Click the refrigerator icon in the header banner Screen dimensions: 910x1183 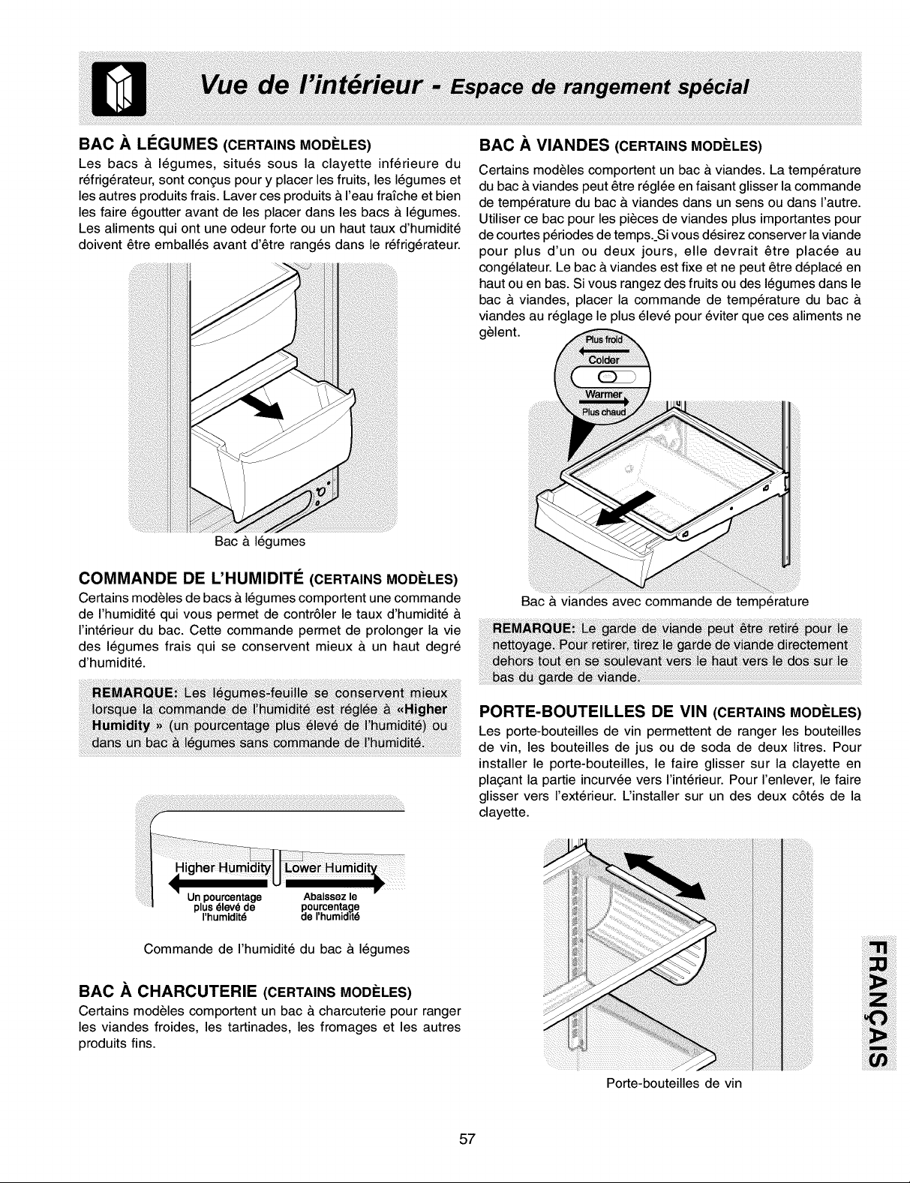(119, 89)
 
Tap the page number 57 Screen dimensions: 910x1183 (467, 1139)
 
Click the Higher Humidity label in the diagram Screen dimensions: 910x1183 (222, 868)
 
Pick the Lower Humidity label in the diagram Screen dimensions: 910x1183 (330, 868)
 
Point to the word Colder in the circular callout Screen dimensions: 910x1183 (604, 360)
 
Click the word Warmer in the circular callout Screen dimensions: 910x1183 (604, 394)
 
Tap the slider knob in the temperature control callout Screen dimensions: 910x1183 (608, 377)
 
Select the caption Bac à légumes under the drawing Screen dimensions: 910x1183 (260, 542)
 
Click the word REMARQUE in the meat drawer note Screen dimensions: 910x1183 (533, 629)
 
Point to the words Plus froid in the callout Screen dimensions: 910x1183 (603, 340)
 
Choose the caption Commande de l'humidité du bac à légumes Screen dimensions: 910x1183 (277, 949)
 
